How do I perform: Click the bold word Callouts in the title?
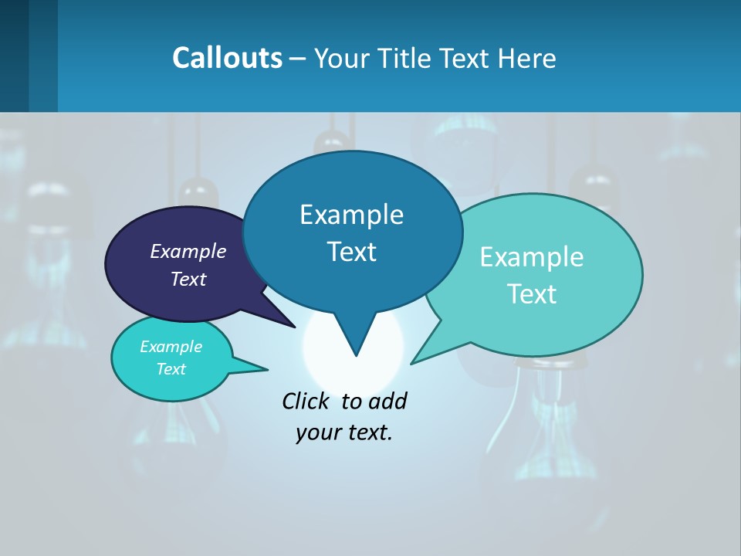click(227, 58)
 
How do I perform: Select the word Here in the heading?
click(527, 58)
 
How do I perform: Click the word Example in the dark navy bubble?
click(188, 251)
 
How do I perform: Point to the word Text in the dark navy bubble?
click(188, 279)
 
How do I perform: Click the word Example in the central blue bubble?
click(351, 215)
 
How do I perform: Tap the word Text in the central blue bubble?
click(351, 252)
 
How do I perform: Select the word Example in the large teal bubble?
click(532, 257)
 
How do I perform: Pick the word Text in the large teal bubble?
click(532, 293)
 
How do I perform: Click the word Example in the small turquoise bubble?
click(171, 347)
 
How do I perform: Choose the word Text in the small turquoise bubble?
click(171, 369)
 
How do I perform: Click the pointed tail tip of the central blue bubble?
click(356, 355)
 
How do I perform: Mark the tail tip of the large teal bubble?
click(411, 363)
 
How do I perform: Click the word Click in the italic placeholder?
click(306, 401)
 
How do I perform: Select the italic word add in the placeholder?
click(387, 401)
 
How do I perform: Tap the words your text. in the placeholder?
click(344, 432)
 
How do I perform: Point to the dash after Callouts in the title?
click(298, 58)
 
